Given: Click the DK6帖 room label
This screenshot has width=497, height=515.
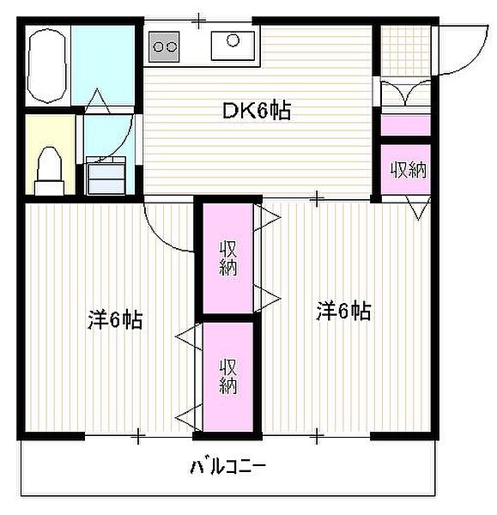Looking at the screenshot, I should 256,110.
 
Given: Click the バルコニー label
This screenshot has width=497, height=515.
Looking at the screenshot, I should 228,468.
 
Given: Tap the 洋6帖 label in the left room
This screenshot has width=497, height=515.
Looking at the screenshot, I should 114,320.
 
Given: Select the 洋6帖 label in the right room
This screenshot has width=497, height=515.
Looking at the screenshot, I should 342,311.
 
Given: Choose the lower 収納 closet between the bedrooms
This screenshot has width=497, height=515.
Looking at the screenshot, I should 227,376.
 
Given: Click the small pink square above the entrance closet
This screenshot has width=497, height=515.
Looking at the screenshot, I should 404,125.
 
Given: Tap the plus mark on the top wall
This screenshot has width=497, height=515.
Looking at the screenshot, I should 199,18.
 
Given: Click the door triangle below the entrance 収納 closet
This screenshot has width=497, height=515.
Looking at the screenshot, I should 418,209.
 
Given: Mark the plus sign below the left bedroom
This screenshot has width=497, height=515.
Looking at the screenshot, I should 137,437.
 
